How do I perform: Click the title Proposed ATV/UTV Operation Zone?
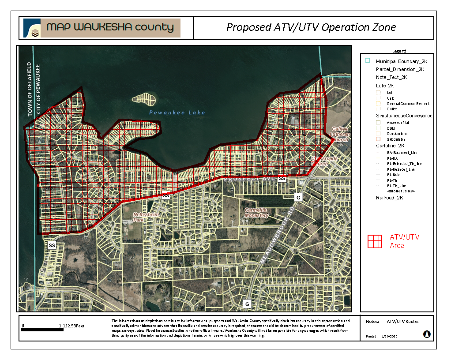[x=311, y=27]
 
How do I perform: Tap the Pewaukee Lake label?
[x=177, y=112]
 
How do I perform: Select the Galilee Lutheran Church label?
[x=340, y=134]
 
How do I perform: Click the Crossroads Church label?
[x=324, y=161]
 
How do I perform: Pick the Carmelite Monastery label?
[x=257, y=213]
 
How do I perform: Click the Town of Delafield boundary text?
[x=30, y=89]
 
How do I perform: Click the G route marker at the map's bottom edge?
[x=247, y=304]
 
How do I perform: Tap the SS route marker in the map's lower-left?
[x=52, y=245]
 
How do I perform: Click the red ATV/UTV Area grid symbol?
[x=375, y=241]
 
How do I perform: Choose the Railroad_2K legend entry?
[x=389, y=198]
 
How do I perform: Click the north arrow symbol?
[x=427, y=334]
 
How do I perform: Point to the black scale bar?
[x=42, y=330]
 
